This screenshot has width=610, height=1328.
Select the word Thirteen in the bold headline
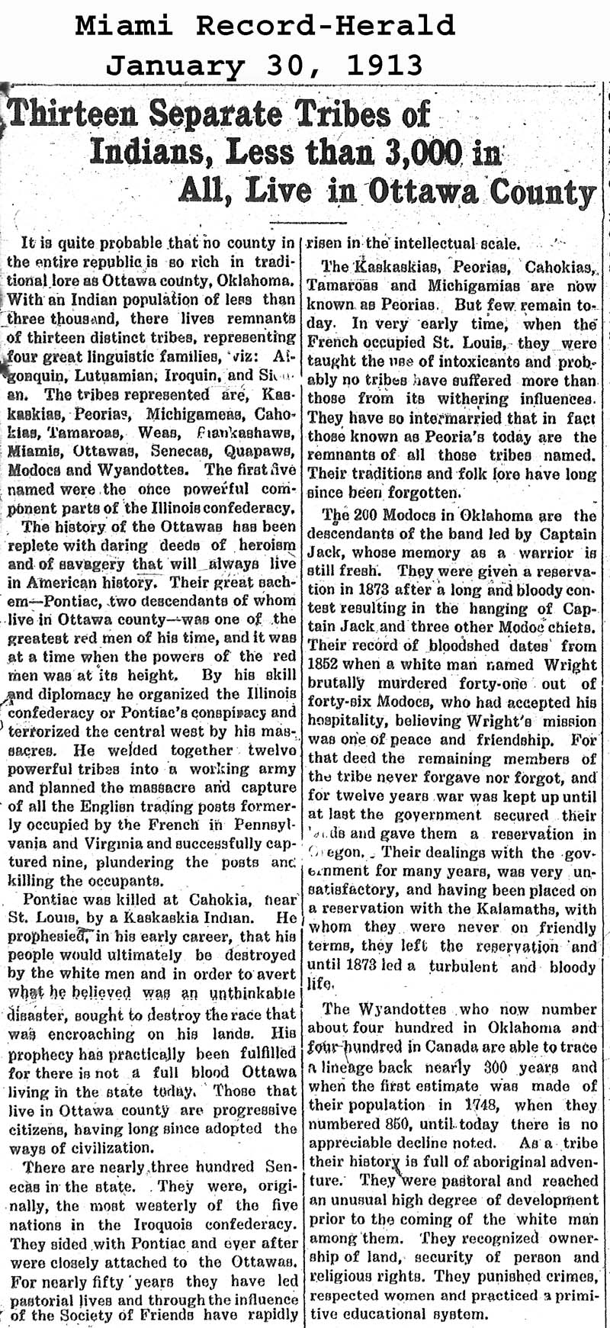[x=75, y=116]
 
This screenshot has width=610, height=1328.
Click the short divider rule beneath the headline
[x=304, y=222]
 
